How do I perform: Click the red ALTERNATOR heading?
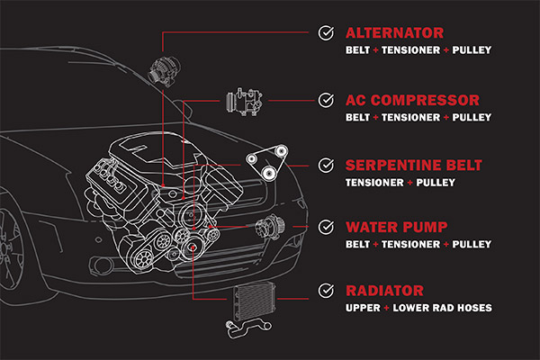[x=395, y=33]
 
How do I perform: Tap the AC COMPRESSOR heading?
[x=412, y=100]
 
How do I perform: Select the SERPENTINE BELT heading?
[x=414, y=166]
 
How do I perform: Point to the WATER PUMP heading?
[x=397, y=228]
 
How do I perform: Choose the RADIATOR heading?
[x=384, y=291]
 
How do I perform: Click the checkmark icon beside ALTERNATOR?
[x=326, y=33]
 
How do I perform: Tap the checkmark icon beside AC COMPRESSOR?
[x=326, y=100]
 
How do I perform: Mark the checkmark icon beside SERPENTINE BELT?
[x=326, y=166]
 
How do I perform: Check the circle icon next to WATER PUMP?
[x=326, y=228]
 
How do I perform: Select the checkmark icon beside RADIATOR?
[x=326, y=291]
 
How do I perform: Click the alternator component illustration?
[x=165, y=72]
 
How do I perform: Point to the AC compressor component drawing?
[x=244, y=102]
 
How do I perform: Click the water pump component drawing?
[x=270, y=226]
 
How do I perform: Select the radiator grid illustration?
[x=255, y=301]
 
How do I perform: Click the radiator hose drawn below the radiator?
[x=248, y=328]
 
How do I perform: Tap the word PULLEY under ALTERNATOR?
[x=472, y=50]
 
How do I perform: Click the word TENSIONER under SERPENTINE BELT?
[x=374, y=183]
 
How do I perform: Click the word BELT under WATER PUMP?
[x=358, y=245]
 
